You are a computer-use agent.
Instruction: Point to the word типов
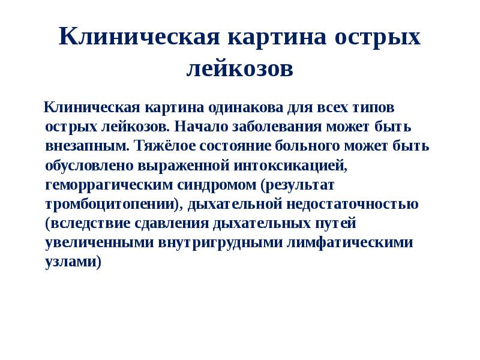tap(373, 108)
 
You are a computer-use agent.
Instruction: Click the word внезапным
tap(87, 146)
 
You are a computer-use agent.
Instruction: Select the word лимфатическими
tap(344, 242)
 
